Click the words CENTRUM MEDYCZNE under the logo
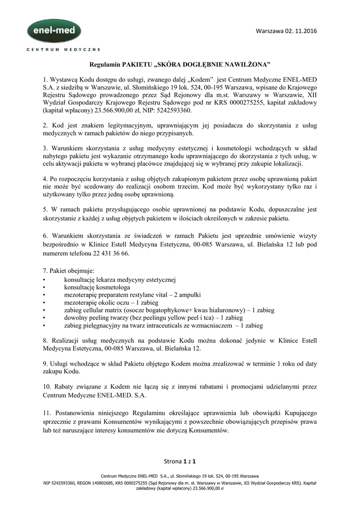63,50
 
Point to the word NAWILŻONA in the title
248,64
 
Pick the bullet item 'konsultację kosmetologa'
97,287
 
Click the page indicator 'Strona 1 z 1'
180,461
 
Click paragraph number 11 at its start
47,413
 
